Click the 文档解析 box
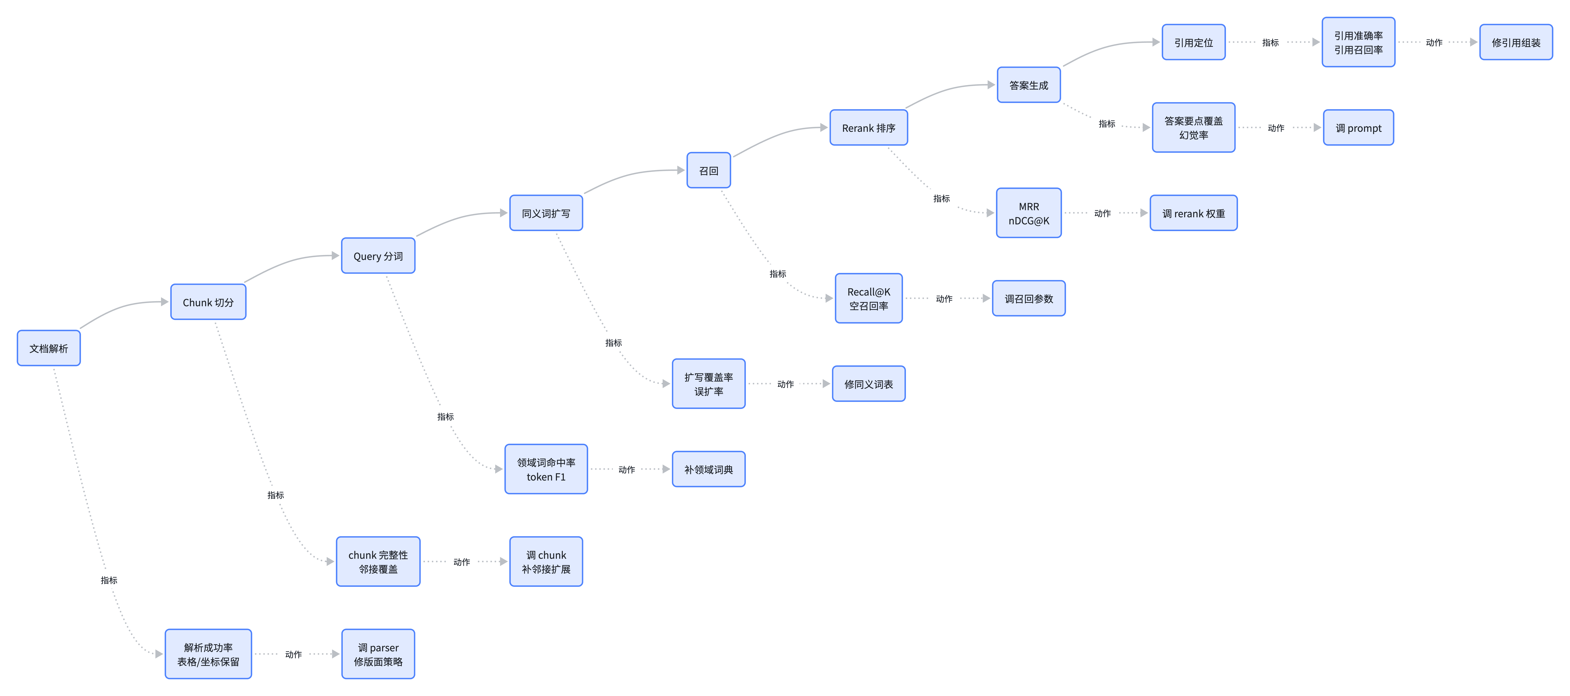pyautogui.click(x=49, y=348)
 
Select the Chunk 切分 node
pyautogui.click(x=208, y=302)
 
